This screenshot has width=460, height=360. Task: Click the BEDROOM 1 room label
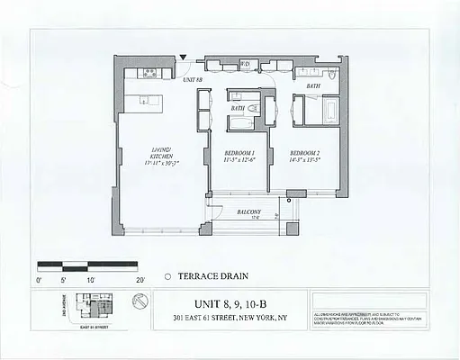click(x=240, y=153)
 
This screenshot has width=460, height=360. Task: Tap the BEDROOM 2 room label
click(x=306, y=153)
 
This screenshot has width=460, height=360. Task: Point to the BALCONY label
click(x=249, y=211)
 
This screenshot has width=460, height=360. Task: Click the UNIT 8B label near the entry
click(x=193, y=80)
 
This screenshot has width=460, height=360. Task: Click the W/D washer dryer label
click(x=245, y=65)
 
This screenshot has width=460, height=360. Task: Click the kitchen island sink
click(x=144, y=100)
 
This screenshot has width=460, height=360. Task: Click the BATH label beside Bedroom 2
click(x=312, y=86)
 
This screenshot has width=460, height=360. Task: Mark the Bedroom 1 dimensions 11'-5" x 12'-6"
click(x=240, y=163)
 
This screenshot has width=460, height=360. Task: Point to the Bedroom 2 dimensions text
click(x=306, y=163)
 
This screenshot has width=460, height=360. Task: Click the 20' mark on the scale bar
click(x=140, y=280)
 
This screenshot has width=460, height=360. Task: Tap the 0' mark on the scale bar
click(x=39, y=280)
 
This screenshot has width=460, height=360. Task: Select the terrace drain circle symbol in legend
click(x=168, y=277)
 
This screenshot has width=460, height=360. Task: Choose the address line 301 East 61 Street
click(x=231, y=318)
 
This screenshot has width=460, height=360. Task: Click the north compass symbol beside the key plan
click(x=136, y=307)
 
